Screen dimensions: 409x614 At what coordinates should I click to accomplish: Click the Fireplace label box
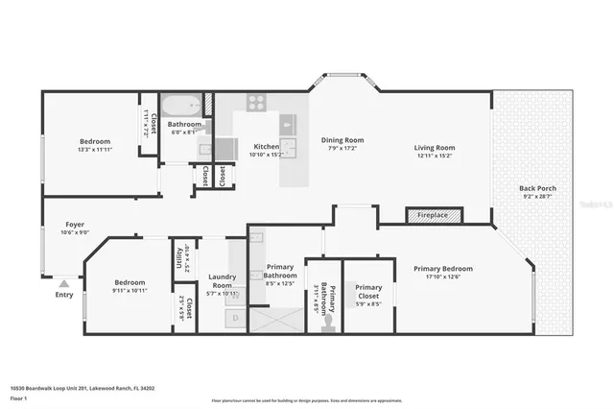click(x=432, y=215)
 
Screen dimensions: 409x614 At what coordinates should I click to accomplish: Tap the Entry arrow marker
click(x=63, y=284)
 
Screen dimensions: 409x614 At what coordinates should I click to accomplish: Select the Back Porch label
click(x=537, y=188)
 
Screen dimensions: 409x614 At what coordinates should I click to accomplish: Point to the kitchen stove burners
click(x=257, y=101)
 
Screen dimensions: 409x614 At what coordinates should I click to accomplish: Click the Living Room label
click(x=434, y=148)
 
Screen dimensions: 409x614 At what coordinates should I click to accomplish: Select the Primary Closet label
click(x=368, y=287)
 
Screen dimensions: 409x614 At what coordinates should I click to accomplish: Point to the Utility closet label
click(x=178, y=256)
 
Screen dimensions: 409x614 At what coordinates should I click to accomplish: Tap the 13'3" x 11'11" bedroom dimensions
click(x=95, y=150)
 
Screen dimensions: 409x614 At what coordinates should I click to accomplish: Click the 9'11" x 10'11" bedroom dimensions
click(x=130, y=289)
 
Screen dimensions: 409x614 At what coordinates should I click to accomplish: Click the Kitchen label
click(x=266, y=147)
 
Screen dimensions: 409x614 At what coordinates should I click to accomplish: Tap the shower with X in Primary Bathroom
click(x=275, y=317)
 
